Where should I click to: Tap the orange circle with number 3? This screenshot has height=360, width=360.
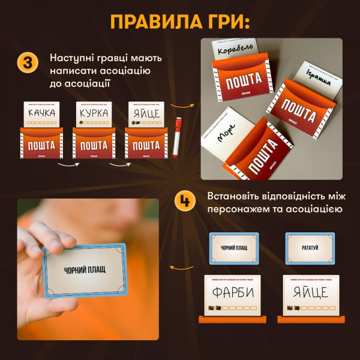[x=28, y=62]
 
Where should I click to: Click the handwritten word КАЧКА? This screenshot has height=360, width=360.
[x=41, y=113]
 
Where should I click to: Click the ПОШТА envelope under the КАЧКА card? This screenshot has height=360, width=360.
[x=41, y=146]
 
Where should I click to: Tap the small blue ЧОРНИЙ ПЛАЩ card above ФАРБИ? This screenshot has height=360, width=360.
[x=233, y=248]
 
